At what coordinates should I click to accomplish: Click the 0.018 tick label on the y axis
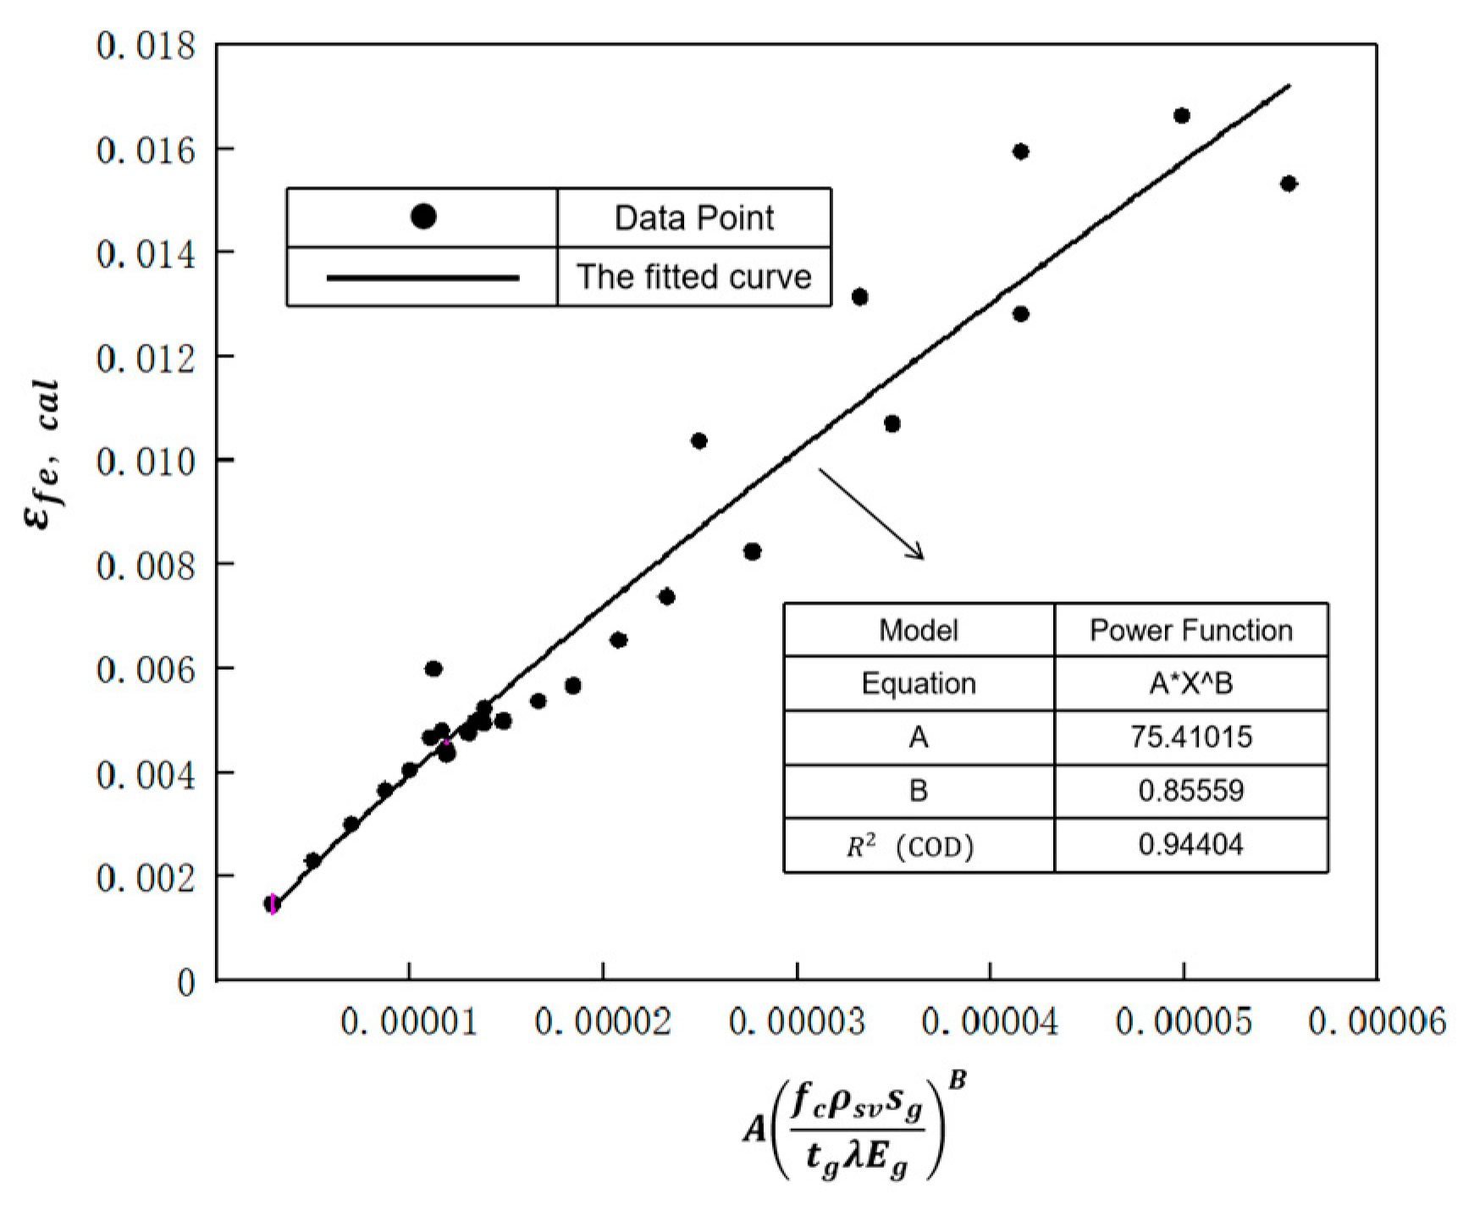click(x=146, y=46)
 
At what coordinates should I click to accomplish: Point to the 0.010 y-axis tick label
click(x=146, y=462)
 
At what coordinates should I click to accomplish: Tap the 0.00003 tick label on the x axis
click(x=797, y=1023)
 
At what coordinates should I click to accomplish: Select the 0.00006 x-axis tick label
click(x=1377, y=1023)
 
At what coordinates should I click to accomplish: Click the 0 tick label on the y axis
click(x=185, y=983)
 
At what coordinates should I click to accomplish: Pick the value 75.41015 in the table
click(x=1190, y=737)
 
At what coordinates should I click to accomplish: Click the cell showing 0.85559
click(x=1190, y=791)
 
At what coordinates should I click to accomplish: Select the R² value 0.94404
click(x=1190, y=844)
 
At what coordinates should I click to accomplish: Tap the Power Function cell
click(x=1190, y=630)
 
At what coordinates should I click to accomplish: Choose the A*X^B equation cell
click(x=1190, y=683)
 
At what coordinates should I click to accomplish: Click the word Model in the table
click(x=919, y=630)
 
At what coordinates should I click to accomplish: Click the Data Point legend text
click(x=693, y=218)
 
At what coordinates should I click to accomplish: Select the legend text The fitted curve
click(x=693, y=277)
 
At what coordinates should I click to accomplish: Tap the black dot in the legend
click(x=423, y=217)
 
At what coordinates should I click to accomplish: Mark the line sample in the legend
click(x=422, y=277)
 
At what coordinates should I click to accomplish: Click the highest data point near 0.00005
click(x=1182, y=116)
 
